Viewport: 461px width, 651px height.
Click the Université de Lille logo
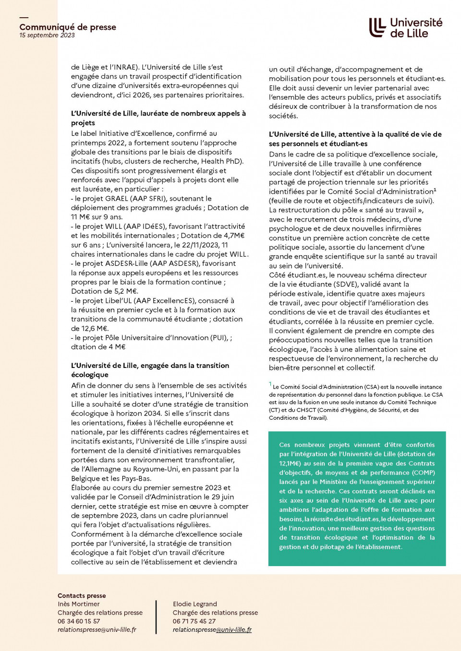[x=405, y=28]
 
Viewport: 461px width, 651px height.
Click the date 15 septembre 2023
[x=47, y=36]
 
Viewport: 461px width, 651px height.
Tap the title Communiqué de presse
[x=68, y=27]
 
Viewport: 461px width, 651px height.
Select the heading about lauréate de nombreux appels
[x=158, y=118]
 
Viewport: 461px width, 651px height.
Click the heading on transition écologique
[x=150, y=370]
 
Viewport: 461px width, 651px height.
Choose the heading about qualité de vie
[x=355, y=139]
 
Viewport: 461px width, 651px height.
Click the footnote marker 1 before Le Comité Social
[x=270, y=384]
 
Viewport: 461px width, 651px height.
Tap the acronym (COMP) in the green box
[x=423, y=473]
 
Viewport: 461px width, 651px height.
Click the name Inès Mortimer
[x=79, y=604]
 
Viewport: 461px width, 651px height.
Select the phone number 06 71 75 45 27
[x=194, y=621]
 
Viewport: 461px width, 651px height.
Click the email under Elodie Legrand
[x=212, y=629]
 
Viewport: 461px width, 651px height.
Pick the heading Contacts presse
[x=82, y=596]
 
